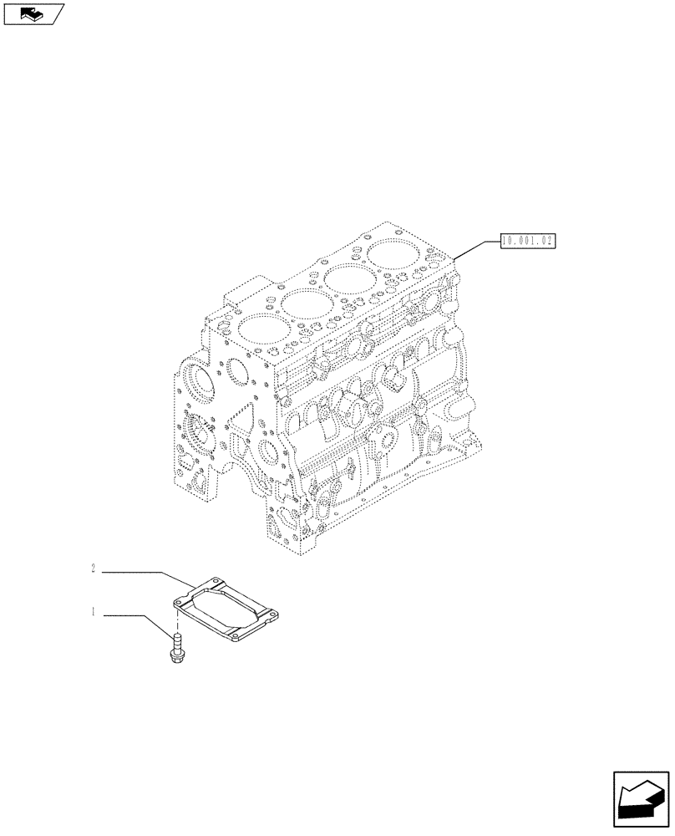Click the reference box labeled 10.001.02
pos(528,242)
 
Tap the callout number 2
pos(94,570)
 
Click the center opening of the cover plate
pos(226,611)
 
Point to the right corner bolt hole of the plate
pos(272,620)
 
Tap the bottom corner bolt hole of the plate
pos(236,640)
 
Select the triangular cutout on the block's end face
pos(242,419)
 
